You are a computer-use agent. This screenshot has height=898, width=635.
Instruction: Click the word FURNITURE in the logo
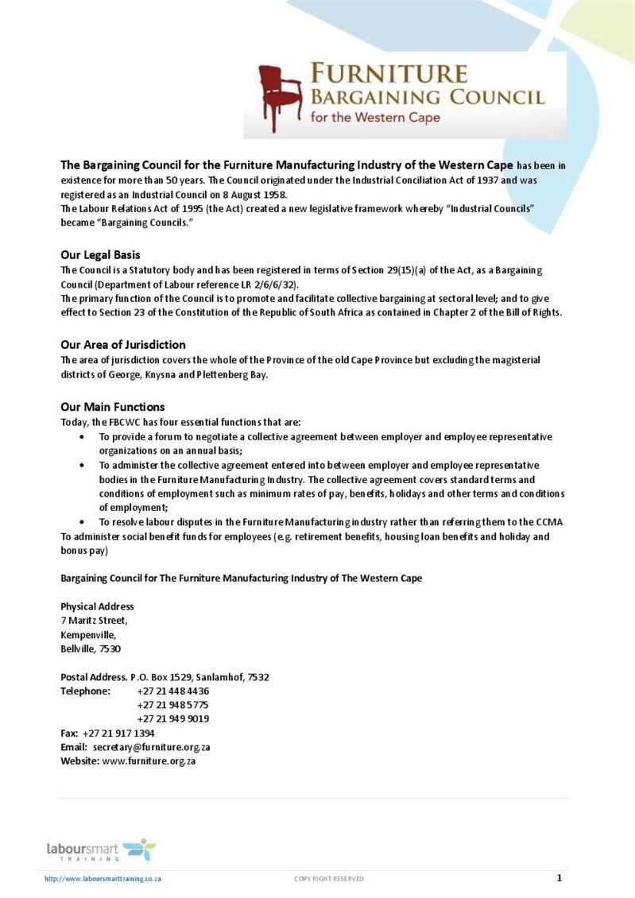(388, 74)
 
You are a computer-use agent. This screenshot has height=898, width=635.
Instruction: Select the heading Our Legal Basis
(100, 255)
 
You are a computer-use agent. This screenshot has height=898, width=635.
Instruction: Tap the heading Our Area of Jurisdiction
(123, 345)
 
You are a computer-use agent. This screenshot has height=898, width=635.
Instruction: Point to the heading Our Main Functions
(113, 407)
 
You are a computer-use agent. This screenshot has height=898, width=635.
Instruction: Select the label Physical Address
(97, 606)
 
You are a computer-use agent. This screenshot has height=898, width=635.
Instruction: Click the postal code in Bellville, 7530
(110, 649)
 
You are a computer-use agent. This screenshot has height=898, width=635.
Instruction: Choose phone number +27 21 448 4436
(172, 691)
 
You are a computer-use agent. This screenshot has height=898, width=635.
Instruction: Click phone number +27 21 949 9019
(172, 719)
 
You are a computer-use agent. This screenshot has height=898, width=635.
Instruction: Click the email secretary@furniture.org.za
(151, 748)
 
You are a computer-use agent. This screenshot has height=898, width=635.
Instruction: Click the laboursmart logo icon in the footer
(140, 849)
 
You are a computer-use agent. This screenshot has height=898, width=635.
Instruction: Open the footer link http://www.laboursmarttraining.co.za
(103, 879)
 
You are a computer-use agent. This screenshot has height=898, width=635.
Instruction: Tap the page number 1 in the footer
(559, 878)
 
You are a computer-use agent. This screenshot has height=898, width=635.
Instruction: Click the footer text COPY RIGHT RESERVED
(329, 879)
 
